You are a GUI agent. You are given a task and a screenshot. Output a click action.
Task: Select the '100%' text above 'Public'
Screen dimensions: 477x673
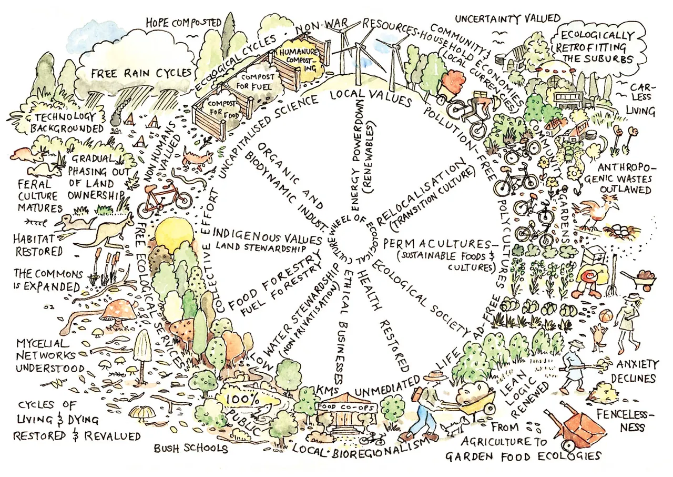pos(241,400)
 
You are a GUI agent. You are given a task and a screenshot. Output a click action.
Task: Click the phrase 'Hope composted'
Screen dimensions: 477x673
pos(177,23)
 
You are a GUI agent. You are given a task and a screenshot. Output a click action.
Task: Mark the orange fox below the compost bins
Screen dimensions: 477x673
pos(197,156)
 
